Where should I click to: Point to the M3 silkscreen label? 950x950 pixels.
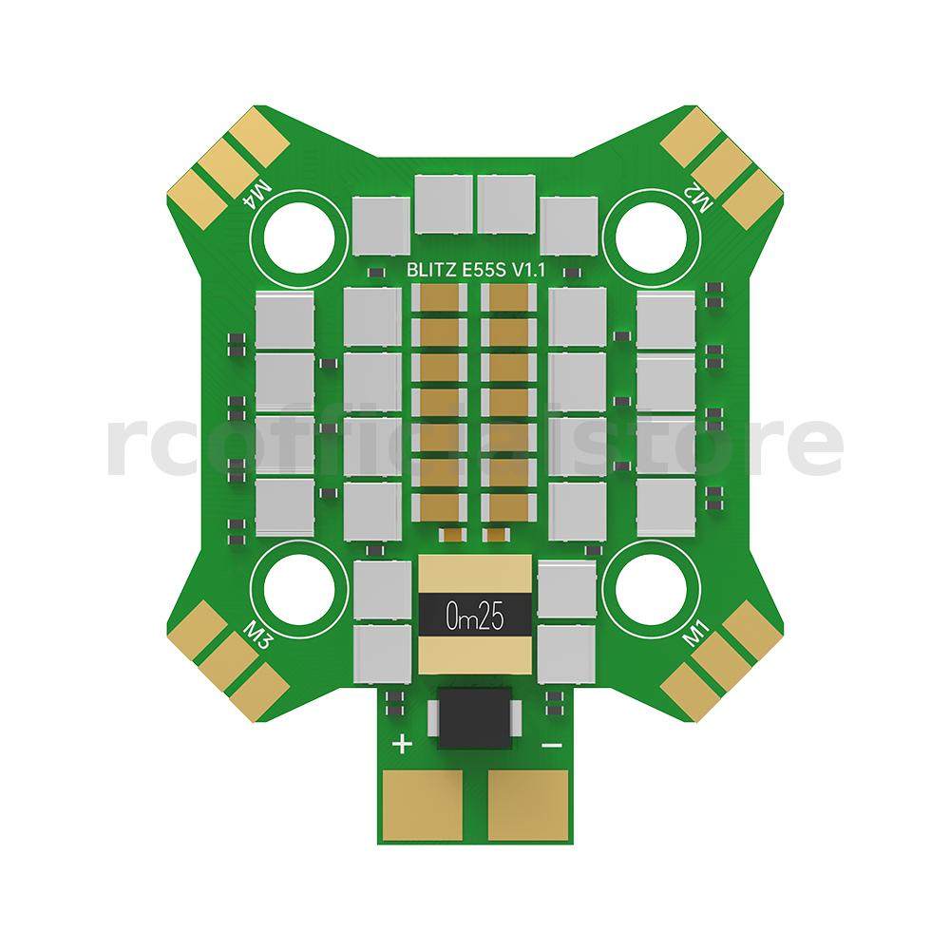click(256, 635)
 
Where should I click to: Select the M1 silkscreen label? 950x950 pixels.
click(695, 633)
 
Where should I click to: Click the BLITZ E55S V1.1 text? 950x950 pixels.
click(476, 270)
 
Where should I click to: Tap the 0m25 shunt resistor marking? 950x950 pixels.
click(475, 617)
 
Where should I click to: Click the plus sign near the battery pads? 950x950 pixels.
click(403, 744)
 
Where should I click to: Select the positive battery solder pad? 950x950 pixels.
click(423, 805)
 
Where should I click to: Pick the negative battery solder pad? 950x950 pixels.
click(527, 805)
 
